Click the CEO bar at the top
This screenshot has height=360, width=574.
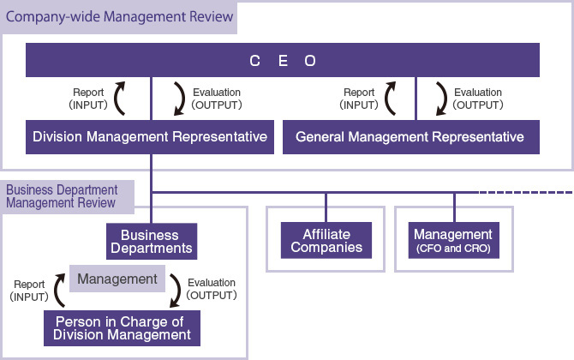pyautogui.click(x=283, y=61)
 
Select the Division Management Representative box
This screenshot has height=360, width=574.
pyautogui.click(x=151, y=136)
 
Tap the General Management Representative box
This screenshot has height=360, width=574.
pyautogui.click(x=410, y=136)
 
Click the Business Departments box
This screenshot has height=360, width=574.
pyautogui.click(x=150, y=242)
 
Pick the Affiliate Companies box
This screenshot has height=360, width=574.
pyautogui.click(x=326, y=242)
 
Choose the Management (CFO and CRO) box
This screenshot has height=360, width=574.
pyautogui.click(x=453, y=241)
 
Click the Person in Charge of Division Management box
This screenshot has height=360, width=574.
pyautogui.click(x=123, y=327)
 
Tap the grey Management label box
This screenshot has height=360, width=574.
pyautogui.click(x=118, y=279)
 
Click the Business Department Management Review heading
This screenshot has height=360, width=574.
pyautogui.click(x=61, y=196)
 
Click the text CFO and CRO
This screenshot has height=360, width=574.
pyautogui.click(x=453, y=249)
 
